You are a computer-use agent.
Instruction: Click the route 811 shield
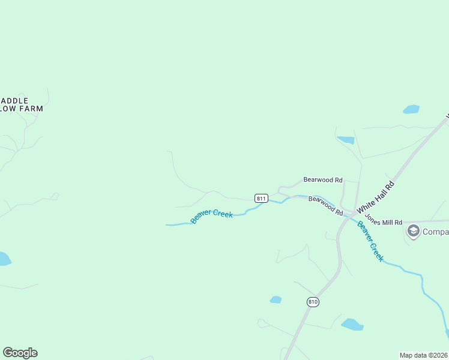(x=261, y=198)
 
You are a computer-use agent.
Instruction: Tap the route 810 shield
(x=312, y=301)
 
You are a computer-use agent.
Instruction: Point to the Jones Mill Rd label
(x=383, y=222)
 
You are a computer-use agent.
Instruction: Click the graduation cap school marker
(x=413, y=232)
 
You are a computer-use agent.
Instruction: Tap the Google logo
(x=20, y=353)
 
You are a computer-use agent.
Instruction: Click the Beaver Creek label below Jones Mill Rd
(x=370, y=241)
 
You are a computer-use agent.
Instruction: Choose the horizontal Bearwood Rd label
(x=322, y=179)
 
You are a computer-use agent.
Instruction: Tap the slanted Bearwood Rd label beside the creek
(x=325, y=205)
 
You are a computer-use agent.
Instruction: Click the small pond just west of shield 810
(x=276, y=299)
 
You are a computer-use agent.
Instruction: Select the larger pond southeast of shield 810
(x=352, y=325)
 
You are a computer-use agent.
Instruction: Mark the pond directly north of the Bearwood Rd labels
(x=346, y=140)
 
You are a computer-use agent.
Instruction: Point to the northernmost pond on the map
(x=411, y=109)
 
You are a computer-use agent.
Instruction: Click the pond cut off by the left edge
(x=4, y=259)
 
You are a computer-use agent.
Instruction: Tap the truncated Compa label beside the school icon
(x=435, y=232)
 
